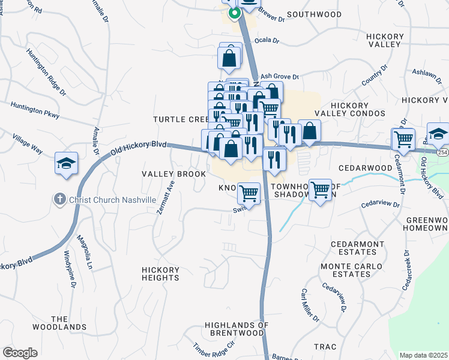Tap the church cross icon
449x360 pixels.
59,199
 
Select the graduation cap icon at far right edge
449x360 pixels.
438,134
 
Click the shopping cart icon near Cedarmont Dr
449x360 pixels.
403,139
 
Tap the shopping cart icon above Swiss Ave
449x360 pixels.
249,194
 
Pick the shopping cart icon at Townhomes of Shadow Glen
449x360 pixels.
320,190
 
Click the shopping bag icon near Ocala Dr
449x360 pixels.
229,59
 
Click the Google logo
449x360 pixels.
20,353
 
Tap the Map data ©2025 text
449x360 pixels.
424,355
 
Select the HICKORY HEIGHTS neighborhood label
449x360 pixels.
160,274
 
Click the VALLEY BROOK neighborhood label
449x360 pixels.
169,174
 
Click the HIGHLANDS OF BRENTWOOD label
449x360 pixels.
236,329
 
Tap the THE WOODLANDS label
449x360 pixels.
68,323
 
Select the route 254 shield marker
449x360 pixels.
443,154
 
